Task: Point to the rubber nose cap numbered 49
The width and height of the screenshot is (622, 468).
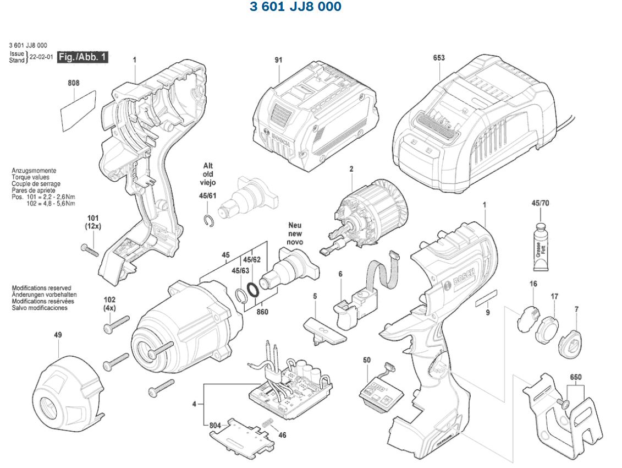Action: [x=68, y=391]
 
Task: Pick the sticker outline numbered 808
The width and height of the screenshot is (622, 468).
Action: [x=78, y=106]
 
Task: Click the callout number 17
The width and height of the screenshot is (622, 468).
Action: [x=554, y=297]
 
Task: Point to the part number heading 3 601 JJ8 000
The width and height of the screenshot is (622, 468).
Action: [x=295, y=7]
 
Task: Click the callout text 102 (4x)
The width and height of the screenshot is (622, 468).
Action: [x=109, y=304]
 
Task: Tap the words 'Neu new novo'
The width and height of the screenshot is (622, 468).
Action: [x=295, y=233]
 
